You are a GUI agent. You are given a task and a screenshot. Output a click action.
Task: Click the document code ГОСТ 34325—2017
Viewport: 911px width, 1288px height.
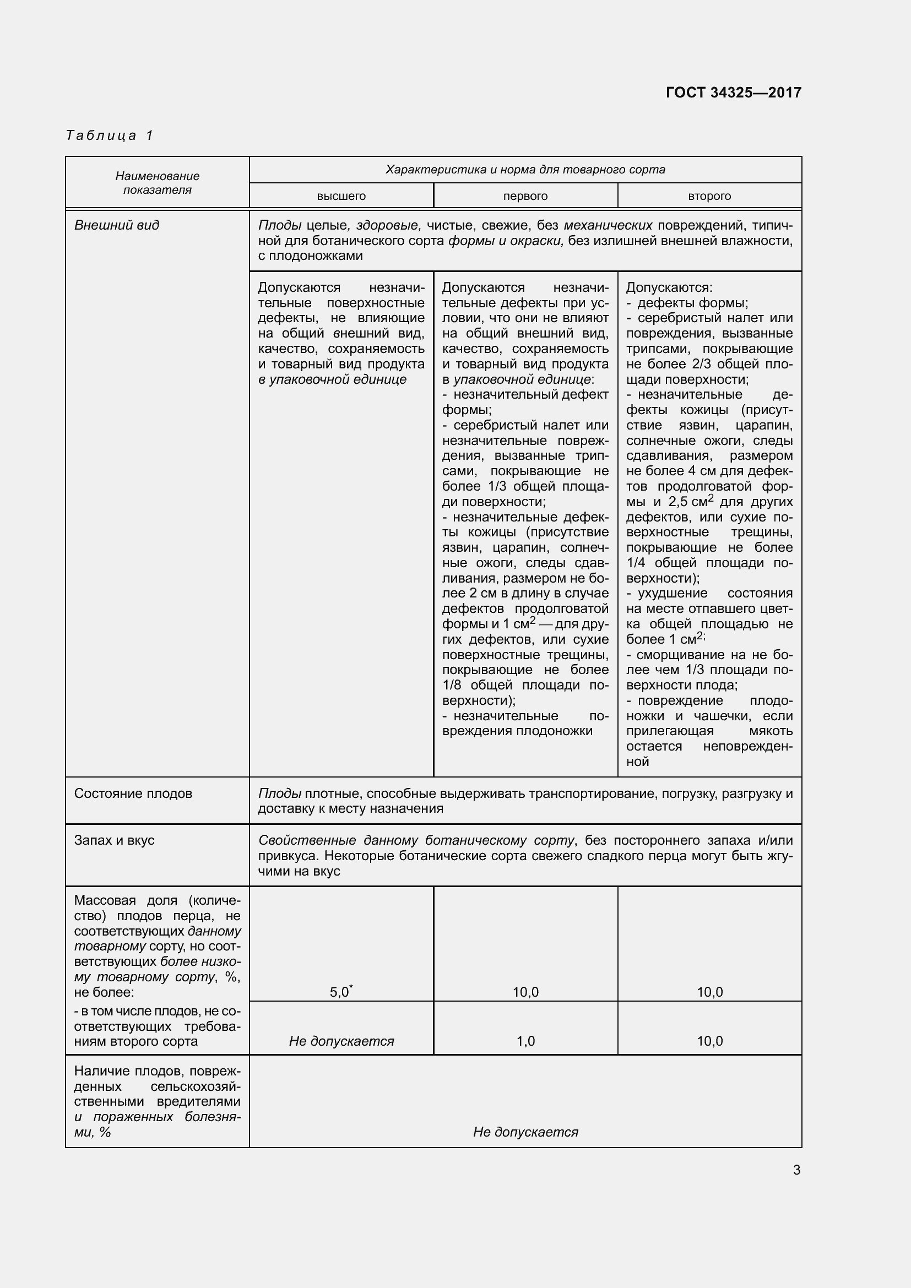point(733,93)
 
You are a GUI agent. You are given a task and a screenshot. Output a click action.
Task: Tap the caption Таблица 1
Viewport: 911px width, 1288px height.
point(110,135)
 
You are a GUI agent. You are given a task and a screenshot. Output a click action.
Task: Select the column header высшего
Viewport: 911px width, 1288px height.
point(341,197)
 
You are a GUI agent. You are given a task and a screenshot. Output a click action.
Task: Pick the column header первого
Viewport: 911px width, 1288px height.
point(525,197)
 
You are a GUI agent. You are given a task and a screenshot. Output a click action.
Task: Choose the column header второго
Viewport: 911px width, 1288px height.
point(709,197)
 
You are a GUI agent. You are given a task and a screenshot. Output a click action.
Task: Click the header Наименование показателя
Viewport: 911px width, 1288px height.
point(157,183)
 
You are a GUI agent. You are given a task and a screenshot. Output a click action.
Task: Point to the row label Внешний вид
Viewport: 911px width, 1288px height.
point(117,225)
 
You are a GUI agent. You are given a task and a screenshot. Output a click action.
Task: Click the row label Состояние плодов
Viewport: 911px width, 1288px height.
point(133,793)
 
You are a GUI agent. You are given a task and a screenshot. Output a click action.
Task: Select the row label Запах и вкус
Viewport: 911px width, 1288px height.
point(114,840)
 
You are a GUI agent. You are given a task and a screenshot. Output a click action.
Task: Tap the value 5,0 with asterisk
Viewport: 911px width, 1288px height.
point(340,992)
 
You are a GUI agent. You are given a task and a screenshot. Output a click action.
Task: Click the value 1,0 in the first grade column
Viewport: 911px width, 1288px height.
point(525,1041)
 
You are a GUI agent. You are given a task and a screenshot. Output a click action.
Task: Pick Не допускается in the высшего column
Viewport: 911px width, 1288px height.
point(341,1041)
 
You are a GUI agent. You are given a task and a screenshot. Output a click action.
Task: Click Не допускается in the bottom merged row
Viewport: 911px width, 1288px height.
point(525,1132)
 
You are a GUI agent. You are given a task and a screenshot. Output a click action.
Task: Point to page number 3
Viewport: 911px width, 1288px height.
point(796,1170)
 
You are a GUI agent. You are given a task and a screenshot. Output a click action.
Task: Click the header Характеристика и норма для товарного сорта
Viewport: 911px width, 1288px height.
point(525,170)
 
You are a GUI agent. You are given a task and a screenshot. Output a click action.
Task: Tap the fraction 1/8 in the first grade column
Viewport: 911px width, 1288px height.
point(452,685)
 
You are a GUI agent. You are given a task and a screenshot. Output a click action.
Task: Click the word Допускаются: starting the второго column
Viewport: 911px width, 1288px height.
point(669,288)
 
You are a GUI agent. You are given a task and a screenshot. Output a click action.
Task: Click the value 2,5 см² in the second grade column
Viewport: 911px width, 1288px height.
point(690,501)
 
